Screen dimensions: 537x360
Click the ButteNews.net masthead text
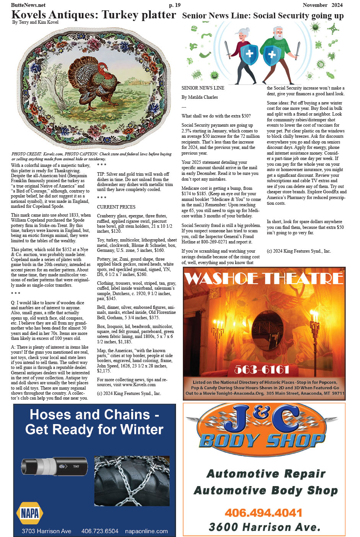28,5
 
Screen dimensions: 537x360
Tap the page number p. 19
174,5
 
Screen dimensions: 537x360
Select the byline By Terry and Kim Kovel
35,22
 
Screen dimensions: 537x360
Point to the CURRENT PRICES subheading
116,207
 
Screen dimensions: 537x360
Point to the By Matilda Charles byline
199,97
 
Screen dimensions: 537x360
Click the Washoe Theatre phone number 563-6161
262,369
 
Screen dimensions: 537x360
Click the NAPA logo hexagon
29,513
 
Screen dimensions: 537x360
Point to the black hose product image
54,467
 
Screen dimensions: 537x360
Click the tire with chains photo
132,481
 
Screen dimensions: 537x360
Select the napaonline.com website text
146,531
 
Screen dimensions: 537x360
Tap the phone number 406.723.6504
99,531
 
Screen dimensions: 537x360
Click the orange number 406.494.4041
263,513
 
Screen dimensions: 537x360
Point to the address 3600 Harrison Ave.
264,527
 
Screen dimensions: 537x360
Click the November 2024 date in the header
322,5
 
